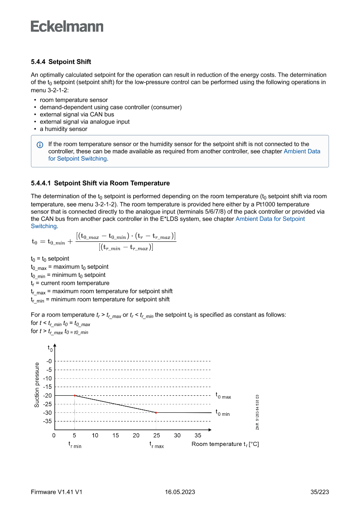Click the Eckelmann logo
67,26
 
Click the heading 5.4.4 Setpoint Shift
61,62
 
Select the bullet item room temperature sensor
74,100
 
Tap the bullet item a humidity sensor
64,129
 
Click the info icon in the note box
40,145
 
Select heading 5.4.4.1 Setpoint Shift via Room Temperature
100,183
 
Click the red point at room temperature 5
75,395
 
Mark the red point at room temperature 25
156,412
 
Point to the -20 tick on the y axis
47,395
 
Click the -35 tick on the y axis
47,421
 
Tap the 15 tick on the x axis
116,435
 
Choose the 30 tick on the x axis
177,435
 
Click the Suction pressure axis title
37,385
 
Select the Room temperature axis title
225,444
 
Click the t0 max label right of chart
223,396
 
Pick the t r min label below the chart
75,445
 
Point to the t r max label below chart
157,445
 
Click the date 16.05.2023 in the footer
180,492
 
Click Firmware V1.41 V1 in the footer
57,492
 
